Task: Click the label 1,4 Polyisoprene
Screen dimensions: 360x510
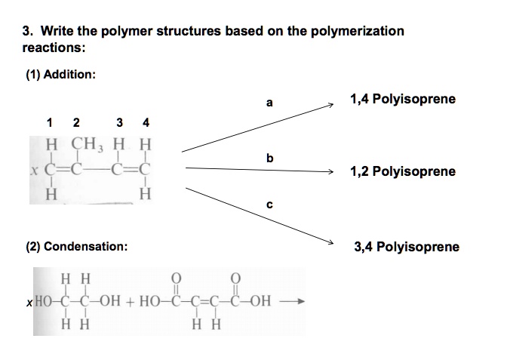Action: click(x=403, y=100)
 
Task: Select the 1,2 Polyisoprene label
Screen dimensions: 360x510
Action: click(x=403, y=171)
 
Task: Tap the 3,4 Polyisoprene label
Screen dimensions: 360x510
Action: click(x=407, y=247)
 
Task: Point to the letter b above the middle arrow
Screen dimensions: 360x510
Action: click(x=269, y=158)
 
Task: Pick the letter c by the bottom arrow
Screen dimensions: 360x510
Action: click(x=269, y=203)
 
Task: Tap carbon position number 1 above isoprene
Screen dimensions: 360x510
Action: click(x=50, y=122)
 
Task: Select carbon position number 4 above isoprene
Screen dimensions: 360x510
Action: click(x=146, y=122)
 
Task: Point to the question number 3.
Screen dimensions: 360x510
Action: click(x=27, y=31)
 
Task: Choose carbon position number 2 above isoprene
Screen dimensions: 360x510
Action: click(x=75, y=122)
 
